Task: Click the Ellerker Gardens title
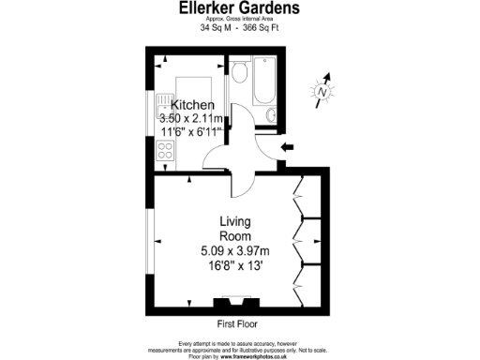pos(240,8)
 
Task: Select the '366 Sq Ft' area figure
pos(261,28)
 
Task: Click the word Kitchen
pos(191,105)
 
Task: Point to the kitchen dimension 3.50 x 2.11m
pos(191,119)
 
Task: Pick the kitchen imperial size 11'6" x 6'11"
pos(191,132)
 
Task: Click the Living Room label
pos(234,228)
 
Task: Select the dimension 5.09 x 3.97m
pos(234,251)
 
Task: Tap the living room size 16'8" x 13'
pos(234,265)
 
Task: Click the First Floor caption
pos(237,323)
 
